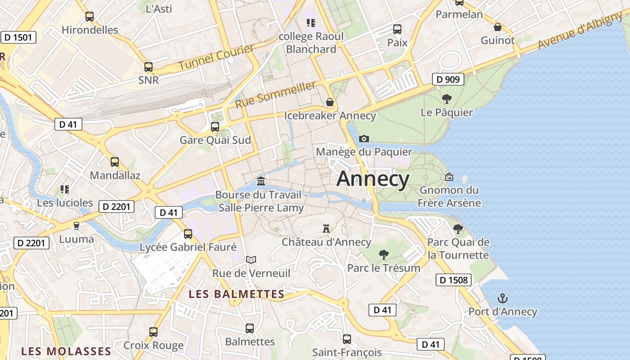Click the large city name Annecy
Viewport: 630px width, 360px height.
(373, 179)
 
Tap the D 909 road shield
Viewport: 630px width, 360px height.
(448, 80)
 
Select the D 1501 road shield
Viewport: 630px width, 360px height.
(19, 37)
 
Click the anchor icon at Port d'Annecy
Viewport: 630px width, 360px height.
(502, 298)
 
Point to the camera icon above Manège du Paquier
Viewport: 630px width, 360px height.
(364, 139)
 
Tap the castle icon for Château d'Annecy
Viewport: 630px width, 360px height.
(326, 229)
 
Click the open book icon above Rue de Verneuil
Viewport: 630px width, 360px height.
(251, 260)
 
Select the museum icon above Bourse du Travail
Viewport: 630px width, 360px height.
(261, 181)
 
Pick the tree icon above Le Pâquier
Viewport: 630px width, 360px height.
(446, 99)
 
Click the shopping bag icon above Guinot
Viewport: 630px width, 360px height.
(498, 27)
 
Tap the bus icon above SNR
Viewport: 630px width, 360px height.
(148, 67)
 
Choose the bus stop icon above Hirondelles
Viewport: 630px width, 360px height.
(90, 17)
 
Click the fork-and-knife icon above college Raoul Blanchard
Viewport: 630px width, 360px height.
(310, 22)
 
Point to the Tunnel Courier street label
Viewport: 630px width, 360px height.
(216, 57)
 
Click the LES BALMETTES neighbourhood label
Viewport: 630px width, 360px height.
(237, 294)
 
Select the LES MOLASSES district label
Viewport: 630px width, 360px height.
(66, 351)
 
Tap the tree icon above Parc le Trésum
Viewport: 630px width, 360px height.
(384, 255)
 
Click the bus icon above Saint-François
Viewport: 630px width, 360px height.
(346, 339)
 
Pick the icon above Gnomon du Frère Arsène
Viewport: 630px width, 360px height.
(449, 177)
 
